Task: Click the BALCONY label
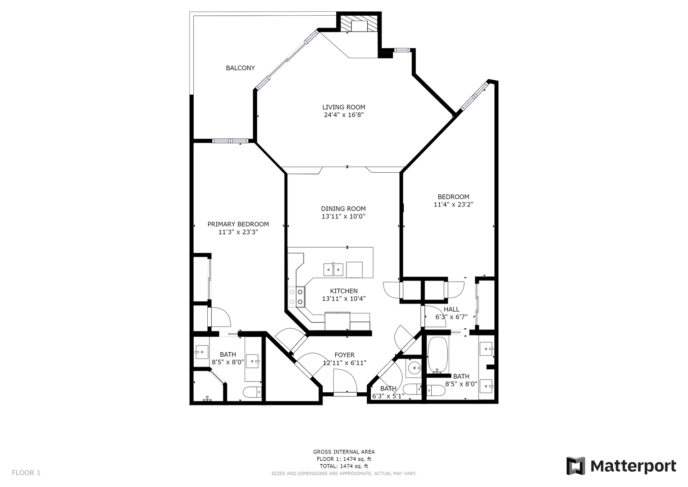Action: coord(240,68)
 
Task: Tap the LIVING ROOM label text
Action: coord(344,107)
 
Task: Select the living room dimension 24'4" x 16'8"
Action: coord(344,115)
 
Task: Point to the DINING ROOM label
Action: coord(343,209)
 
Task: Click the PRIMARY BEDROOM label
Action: coord(238,225)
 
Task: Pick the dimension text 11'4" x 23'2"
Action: coord(453,204)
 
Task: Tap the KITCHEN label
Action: coord(344,291)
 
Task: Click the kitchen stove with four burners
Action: coord(296,297)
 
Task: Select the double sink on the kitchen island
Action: coord(333,270)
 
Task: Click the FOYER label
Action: coord(345,355)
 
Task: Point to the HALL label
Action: coord(451,309)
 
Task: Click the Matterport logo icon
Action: coord(575,466)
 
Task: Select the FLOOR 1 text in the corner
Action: coord(26,473)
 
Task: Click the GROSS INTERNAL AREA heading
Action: coord(344,452)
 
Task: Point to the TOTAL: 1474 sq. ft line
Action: coord(344,466)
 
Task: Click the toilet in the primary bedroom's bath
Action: coord(252,392)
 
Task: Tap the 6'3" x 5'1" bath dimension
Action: coord(388,396)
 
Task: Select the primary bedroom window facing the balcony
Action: coord(230,141)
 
